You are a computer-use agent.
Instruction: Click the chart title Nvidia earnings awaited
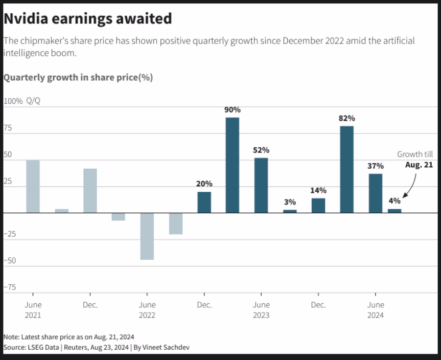click(88, 19)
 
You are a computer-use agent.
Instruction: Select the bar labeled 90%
click(232, 165)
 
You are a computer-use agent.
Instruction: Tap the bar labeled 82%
click(347, 169)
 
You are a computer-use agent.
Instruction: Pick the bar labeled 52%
click(261, 185)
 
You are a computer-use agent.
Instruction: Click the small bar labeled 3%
click(290, 211)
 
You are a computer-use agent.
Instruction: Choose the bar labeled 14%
click(318, 205)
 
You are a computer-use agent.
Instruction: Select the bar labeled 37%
click(375, 193)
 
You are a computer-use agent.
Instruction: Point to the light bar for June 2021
click(33, 186)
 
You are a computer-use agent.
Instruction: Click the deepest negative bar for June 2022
click(147, 236)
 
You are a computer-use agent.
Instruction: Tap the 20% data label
click(204, 184)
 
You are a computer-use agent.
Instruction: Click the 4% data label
click(395, 201)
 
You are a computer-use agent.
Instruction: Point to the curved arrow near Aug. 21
click(411, 186)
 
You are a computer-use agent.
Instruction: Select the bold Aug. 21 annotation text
click(419, 165)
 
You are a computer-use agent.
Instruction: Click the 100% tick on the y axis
click(13, 101)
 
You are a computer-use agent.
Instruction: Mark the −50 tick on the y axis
click(10, 261)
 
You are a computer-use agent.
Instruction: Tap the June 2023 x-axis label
click(261, 310)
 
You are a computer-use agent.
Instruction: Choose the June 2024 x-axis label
click(375, 310)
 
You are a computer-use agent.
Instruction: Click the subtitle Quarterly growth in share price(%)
click(78, 78)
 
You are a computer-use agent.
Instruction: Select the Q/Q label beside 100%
click(33, 101)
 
